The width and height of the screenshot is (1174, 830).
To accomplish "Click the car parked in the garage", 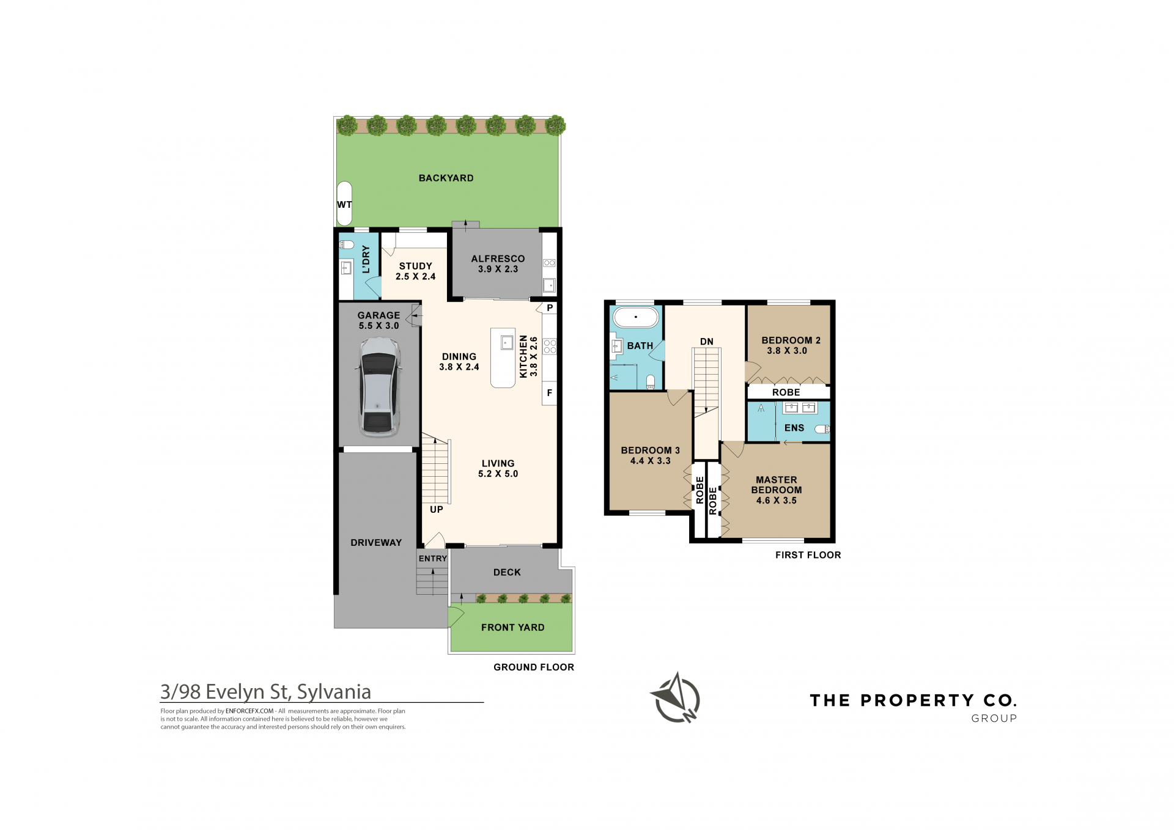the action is pyautogui.click(x=379, y=387).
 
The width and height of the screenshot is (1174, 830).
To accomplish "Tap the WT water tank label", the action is pyautogui.click(x=344, y=205).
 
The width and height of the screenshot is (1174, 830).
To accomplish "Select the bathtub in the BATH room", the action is pyautogui.click(x=636, y=318).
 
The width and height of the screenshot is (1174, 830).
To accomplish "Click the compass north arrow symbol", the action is pyautogui.click(x=675, y=697).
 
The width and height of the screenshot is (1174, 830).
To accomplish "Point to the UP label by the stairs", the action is pyautogui.click(x=437, y=510).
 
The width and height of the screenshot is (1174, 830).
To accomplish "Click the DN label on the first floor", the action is pyautogui.click(x=707, y=342).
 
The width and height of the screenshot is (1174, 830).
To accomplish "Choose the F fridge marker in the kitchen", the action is pyautogui.click(x=550, y=393).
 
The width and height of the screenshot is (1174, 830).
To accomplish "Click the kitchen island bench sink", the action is pyautogui.click(x=507, y=342).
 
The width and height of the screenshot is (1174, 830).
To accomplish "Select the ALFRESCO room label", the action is pyautogui.click(x=498, y=259).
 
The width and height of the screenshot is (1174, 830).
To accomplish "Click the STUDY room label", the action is pyautogui.click(x=416, y=266).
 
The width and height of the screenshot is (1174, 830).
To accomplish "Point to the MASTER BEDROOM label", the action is pyautogui.click(x=777, y=485).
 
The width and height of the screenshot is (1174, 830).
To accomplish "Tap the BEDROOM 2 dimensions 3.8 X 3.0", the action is pyautogui.click(x=787, y=351).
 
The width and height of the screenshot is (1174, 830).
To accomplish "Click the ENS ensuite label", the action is pyautogui.click(x=794, y=428).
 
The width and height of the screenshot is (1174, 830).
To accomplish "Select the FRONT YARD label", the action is pyautogui.click(x=512, y=628).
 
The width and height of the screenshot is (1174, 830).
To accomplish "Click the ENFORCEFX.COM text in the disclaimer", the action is pyautogui.click(x=249, y=711).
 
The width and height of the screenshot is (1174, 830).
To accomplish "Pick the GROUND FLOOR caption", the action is pyautogui.click(x=534, y=667).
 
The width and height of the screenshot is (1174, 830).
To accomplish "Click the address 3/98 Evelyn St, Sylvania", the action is pyautogui.click(x=265, y=692).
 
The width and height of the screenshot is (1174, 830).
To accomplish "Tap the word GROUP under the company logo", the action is pyautogui.click(x=994, y=719).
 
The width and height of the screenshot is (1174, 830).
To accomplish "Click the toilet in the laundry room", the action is pyautogui.click(x=347, y=244).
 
